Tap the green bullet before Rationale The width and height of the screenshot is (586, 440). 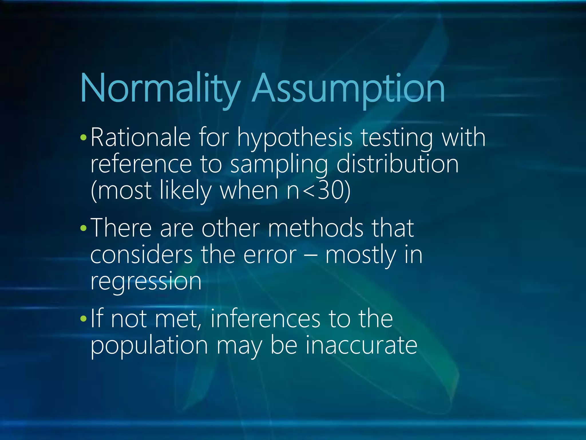(83, 138)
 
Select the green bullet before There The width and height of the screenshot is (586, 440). (83, 228)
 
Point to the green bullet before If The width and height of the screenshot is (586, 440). (83, 319)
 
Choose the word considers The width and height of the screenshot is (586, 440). (141, 255)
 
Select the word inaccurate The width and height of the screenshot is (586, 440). (361, 345)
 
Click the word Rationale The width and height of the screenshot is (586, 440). (140, 138)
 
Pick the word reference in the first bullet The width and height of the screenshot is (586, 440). (141, 165)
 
